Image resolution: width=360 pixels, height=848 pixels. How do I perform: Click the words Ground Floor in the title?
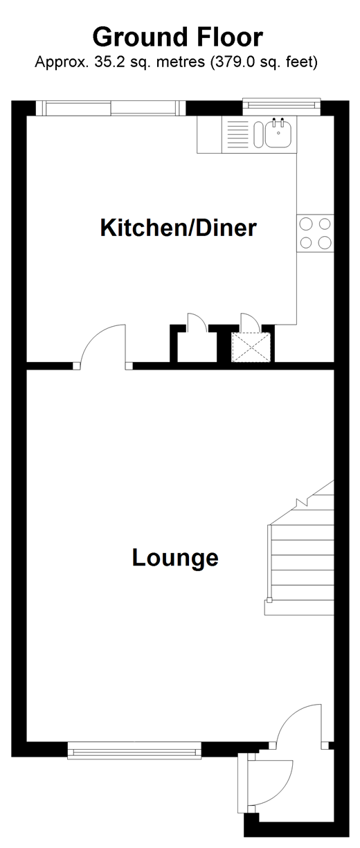tap(177, 37)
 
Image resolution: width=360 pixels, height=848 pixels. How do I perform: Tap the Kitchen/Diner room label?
tap(179, 228)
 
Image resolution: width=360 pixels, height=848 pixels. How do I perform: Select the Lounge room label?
tap(175, 558)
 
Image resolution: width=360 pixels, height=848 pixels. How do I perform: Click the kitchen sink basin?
tap(278, 133)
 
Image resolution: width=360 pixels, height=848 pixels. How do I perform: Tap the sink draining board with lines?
tap(237, 134)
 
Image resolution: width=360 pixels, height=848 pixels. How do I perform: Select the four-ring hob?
tap(315, 233)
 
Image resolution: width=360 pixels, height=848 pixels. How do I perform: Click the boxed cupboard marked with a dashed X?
tap(251, 347)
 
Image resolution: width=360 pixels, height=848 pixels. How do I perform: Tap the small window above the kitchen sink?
tap(281, 107)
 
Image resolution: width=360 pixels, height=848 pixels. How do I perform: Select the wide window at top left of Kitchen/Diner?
tap(111, 108)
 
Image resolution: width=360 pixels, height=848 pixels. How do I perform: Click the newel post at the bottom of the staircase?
tap(269, 600)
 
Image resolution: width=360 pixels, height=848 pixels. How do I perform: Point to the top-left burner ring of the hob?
tap(306, 224)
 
